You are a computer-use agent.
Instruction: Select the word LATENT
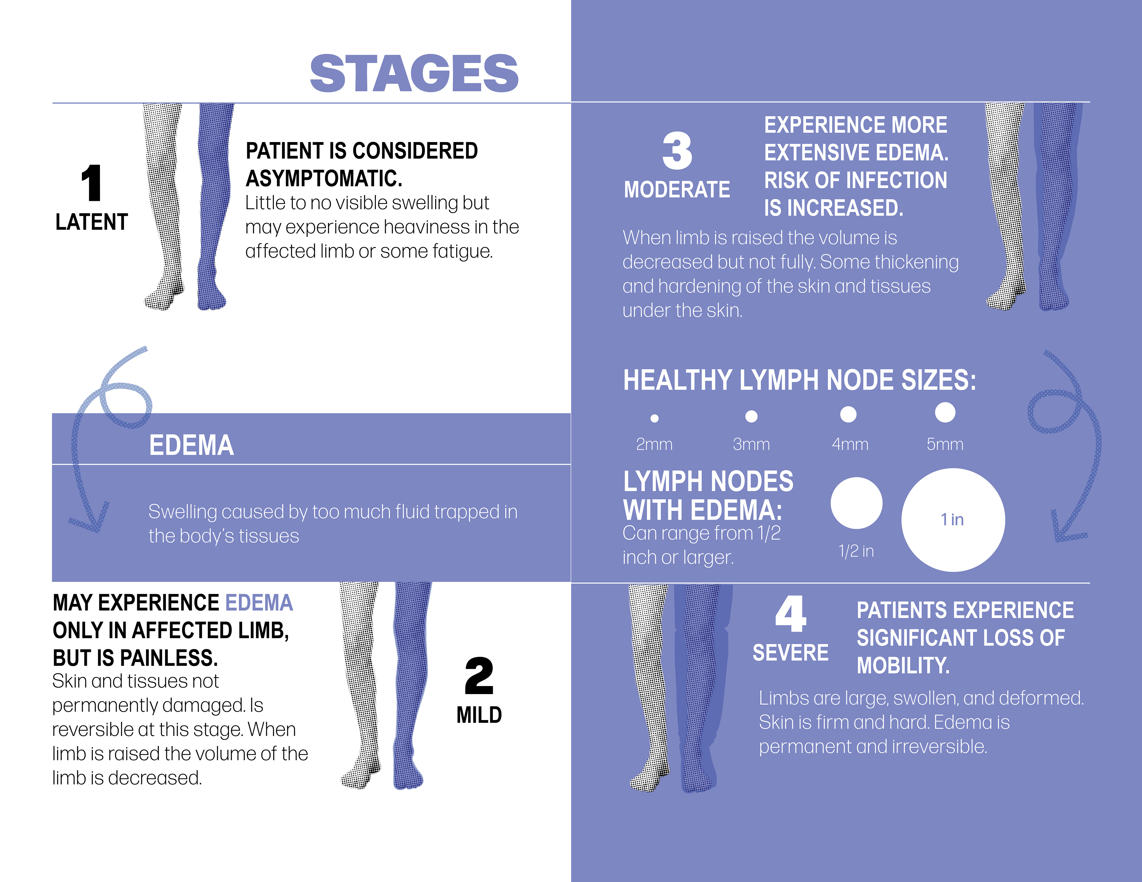pyautogui.click(x=92, y=222)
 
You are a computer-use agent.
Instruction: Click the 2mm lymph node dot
pyautogui.click(x=654, y=418)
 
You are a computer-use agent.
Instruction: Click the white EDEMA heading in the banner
pyautogui.click(x=192, y=445)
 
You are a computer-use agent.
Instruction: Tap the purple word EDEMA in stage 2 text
pyautogui.click(x=259, y=603)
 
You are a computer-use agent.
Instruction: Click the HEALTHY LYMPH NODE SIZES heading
pyautogui.click(x=799, y=380)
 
